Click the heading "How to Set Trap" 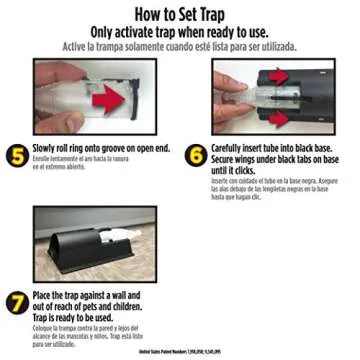tap(180, 15)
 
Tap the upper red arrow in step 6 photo tap(277, 77)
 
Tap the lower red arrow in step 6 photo tap(277, 118)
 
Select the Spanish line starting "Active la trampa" tap(180, 46)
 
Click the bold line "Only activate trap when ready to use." tap(180, 32)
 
